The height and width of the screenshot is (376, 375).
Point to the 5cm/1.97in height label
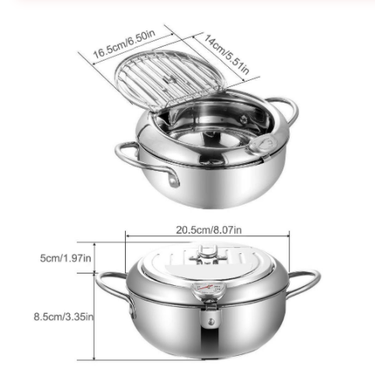coord(67,257)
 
